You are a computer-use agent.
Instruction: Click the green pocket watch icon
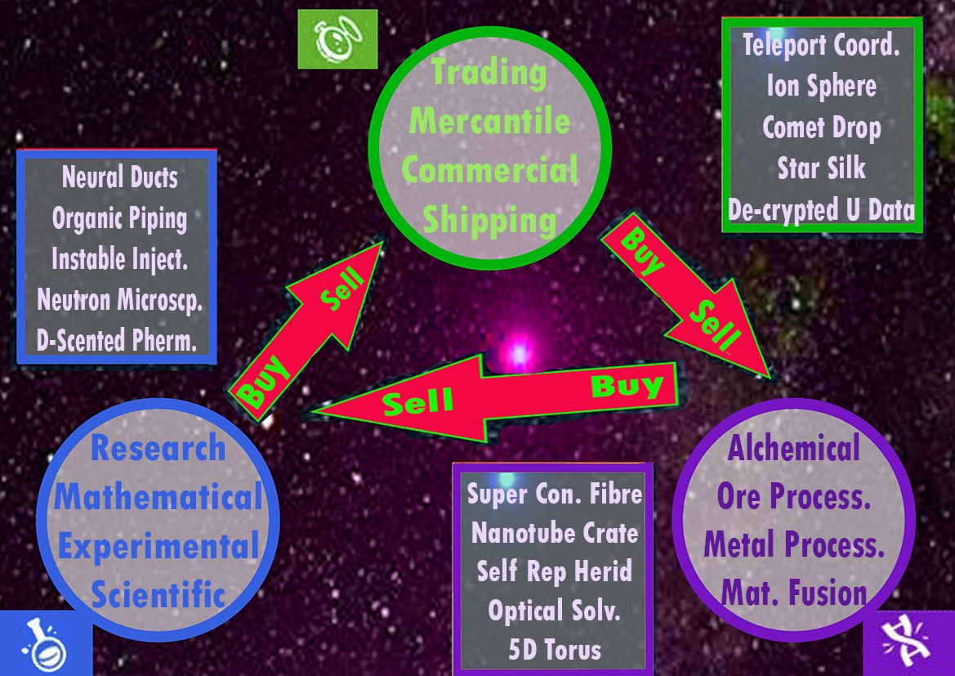337,38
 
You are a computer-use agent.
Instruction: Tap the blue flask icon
45,642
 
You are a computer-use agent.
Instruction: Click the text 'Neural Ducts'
119,177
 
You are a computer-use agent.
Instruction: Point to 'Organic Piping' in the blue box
119,218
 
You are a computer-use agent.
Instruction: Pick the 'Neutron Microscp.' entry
119,300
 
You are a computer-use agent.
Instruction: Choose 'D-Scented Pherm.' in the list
118,340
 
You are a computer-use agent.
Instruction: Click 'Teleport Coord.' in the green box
821,45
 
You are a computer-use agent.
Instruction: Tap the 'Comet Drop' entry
821,128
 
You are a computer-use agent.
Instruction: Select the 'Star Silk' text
821,168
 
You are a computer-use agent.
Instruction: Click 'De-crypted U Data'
821,210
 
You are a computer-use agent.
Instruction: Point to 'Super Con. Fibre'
555,493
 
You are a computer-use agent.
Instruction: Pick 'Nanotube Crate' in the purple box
555,533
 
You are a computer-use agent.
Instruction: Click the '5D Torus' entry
555,650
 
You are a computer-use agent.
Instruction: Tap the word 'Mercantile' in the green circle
489,122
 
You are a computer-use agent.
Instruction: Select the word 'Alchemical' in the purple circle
793,448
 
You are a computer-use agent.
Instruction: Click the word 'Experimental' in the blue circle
158,546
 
